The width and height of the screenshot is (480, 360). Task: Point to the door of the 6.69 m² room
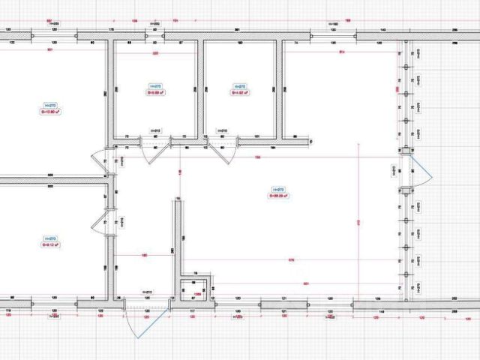pyautogui.click(x=179, y=147)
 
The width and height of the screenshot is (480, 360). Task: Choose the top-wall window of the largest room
pyautogui.click(x=334, y=34)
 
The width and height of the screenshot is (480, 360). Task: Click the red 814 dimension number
pyautogui.click(x=341, y=52)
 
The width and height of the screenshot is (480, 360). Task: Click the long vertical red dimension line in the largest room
pyautogui.click(x=361, y=225)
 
